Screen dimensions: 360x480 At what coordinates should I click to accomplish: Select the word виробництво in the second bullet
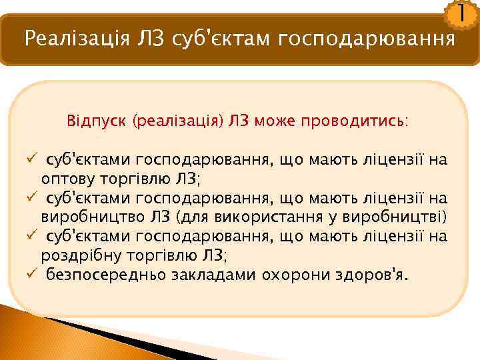pyautogui.click(x=86, y=217)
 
